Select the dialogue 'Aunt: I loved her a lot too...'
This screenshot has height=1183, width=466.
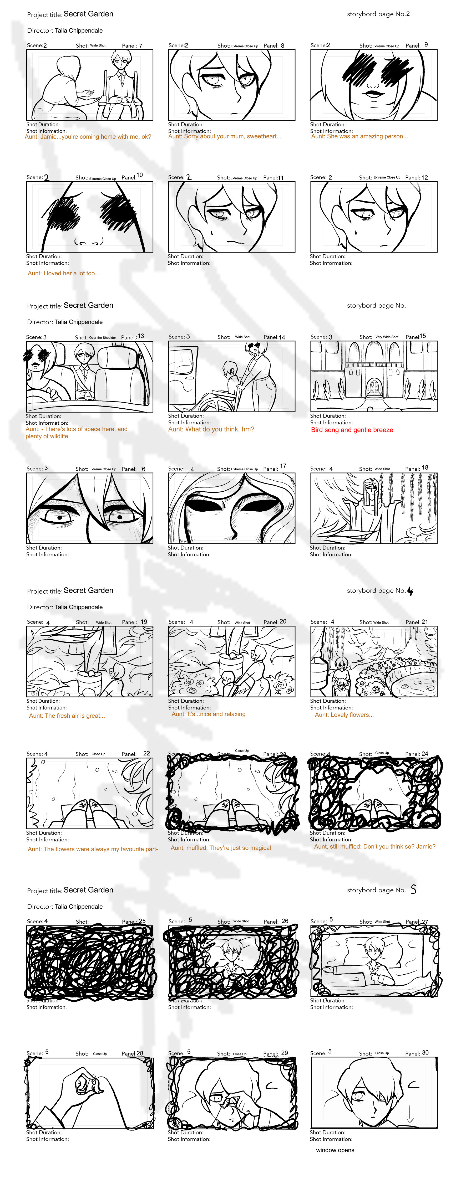[x=63, y=273]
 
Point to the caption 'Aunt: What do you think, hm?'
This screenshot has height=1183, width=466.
[x=211, y=429]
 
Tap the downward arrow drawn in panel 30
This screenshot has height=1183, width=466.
[x=410, y=1114]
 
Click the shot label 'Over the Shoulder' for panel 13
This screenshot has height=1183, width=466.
[x=103, y=338]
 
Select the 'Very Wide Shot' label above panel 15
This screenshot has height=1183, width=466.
[x=387, y=337]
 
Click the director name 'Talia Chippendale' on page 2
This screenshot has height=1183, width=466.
[x=79, y=30]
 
